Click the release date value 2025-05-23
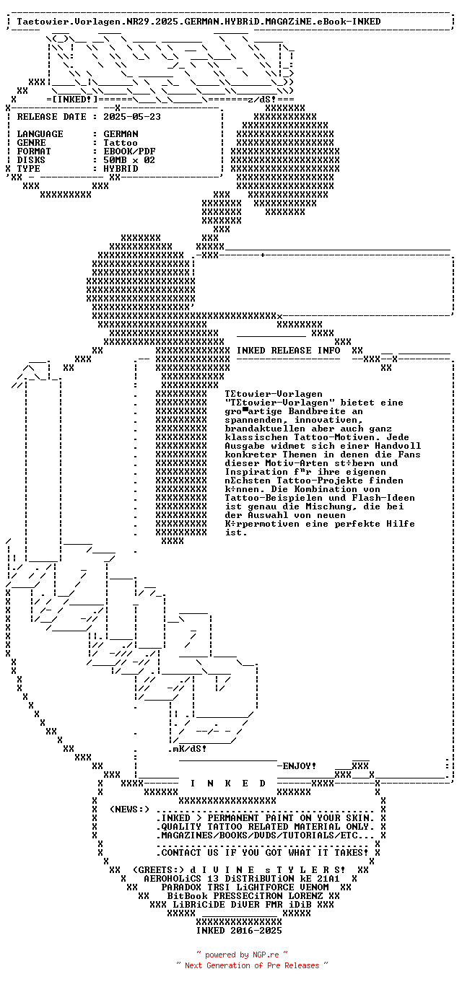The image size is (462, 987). [x=132, y=116]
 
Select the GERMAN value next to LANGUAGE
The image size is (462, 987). [x=121, y=133]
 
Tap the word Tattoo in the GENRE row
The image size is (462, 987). [x=121, y=142]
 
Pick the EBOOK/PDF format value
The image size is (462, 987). [x=129, y=151]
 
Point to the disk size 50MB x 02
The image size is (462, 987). [x=129, y=159]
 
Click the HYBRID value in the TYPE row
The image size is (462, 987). [x=121, y=168]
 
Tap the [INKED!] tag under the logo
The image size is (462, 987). [x=71, y=98]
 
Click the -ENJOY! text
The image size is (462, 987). [x=297, y=766]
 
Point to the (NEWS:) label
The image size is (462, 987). [x=129, y=809]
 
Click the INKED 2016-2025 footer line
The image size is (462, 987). [x=239, y=930]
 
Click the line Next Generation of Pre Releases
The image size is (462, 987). [x=252, y=965]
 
